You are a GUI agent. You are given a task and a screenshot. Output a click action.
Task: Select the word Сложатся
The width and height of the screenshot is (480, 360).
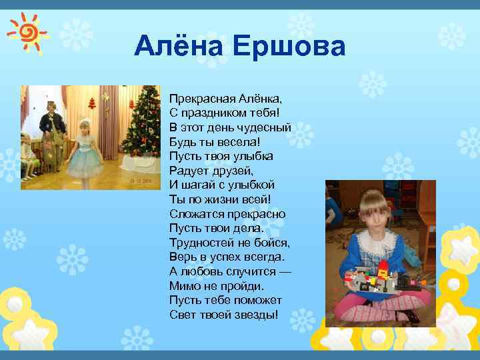(x=193, y=214)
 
